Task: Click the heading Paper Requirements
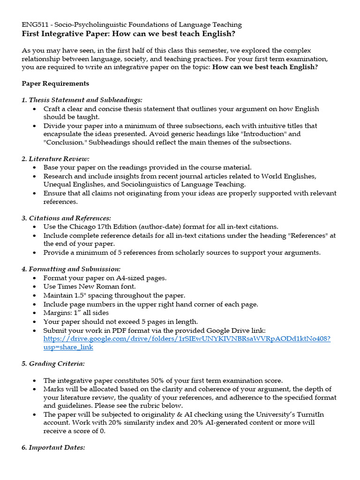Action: [55, 83]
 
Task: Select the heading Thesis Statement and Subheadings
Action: [82, 100]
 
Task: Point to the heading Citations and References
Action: [66, 218]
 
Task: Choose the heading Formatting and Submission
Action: [71, 269]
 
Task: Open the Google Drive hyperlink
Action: [187, 339]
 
